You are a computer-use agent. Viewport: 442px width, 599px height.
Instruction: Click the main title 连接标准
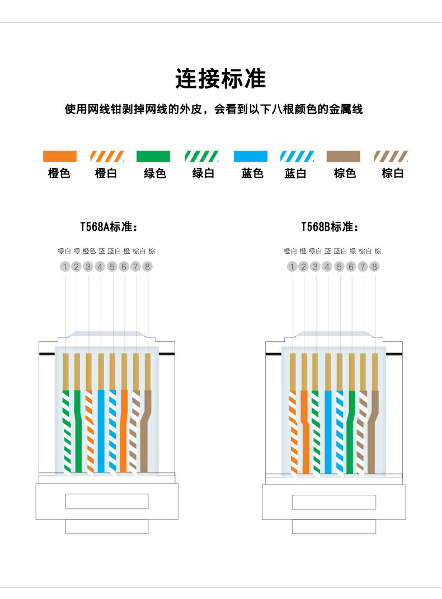point(220,78)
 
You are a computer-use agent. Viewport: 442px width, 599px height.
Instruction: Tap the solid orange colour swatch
point(59,156)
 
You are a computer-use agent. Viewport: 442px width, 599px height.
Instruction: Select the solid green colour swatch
point(153,156)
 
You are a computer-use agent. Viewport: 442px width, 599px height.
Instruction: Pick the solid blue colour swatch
point(250,156)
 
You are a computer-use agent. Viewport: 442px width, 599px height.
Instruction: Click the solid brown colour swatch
point(344,156)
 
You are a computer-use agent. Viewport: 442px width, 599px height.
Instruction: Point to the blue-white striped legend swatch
point(297,156)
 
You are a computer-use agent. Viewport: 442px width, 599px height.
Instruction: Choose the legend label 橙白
point(106,174)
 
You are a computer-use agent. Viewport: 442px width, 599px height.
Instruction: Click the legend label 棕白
point(392,174)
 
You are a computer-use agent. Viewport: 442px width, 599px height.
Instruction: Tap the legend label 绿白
point(203,174)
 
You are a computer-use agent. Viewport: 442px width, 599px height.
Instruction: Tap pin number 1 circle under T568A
point(65,267)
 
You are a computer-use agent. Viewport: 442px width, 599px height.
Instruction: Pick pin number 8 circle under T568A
point(148,267)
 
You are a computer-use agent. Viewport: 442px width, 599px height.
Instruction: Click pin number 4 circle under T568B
point(327,267)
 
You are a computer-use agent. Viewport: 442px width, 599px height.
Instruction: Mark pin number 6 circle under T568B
point(351,267)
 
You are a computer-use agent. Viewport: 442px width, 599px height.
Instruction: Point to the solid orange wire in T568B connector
point(305,437)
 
